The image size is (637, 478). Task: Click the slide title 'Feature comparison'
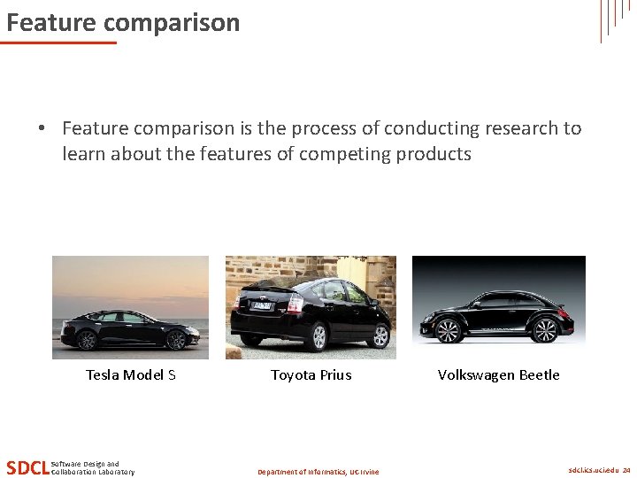point(123,22)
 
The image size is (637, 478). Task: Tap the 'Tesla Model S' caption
point(131,374)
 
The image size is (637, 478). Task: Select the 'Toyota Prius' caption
point(311,374)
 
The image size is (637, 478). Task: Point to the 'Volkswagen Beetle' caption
point(498,374)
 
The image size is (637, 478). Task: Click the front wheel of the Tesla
point(175,340)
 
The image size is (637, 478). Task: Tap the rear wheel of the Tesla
point(87,340)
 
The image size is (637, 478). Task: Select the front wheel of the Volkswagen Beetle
point(449,331)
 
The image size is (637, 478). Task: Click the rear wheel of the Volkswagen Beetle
point(546,330)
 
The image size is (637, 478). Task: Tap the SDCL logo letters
point(27,467)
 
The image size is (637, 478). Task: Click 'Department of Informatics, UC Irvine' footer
point(318,472)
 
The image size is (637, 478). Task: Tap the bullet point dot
point(42,128)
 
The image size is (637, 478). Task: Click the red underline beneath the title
point(58,42)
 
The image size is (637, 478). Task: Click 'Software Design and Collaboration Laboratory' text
point(93,467)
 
